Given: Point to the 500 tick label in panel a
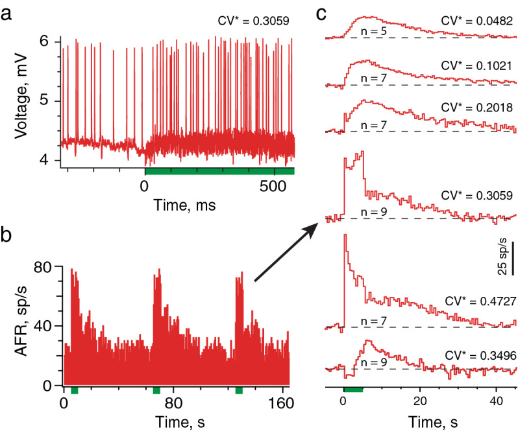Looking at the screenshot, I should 275,186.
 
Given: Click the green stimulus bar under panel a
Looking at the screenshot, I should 219,171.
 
